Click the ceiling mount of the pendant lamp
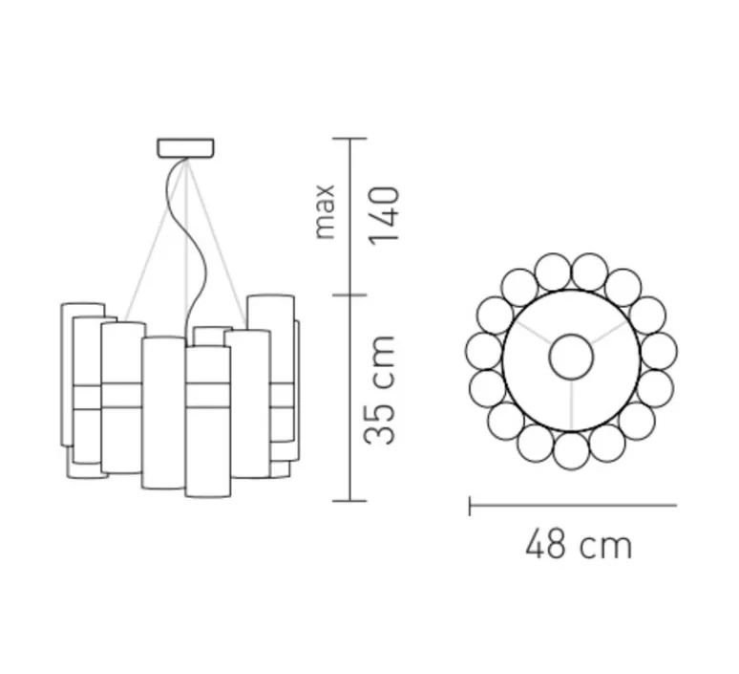(x=185, y=147)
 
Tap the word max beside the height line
(x=327, y=210)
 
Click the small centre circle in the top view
(x=572, y=358)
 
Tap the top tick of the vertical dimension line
(x=349, y=140)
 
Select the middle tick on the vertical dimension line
(x=349, y=293)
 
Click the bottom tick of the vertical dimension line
(x=349, y=500)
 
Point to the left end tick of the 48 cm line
(x=470, y=505)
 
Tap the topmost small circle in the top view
(x=571, y=272)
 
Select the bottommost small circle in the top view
(x=571, y=449)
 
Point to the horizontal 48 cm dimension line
(x=573, y=505)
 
